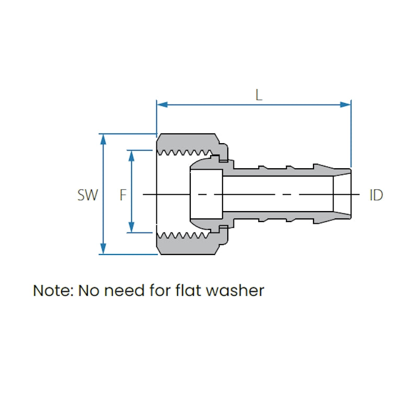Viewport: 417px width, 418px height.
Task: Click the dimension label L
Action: (258, 95)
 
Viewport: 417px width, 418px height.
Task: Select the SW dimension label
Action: (87, 195)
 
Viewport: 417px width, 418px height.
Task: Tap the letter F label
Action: (123, 195)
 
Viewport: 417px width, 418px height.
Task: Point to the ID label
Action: (376, 195)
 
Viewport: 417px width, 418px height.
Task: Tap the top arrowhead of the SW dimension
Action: (103, 138)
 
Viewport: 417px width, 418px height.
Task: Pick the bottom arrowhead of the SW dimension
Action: (103, 250)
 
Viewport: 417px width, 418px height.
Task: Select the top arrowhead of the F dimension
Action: (131, 155)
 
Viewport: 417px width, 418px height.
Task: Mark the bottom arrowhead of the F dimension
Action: (131, 228)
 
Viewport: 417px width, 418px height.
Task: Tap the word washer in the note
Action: (236, 291)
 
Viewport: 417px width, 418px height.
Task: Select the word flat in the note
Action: (189, 291)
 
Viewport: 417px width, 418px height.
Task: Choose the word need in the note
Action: (122, 291)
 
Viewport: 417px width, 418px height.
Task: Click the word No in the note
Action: (88, 291)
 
